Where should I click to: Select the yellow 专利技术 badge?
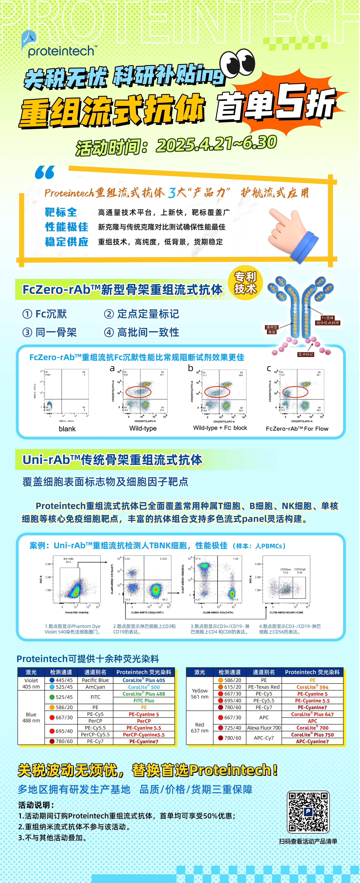click(x=245, y=283)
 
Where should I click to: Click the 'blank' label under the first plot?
click(x=67, y=429)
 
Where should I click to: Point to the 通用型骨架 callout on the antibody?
click(x=272, y=329)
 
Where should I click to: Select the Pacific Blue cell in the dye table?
click(x=95, y=680)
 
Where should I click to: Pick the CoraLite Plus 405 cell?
click(x=144, y=680)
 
